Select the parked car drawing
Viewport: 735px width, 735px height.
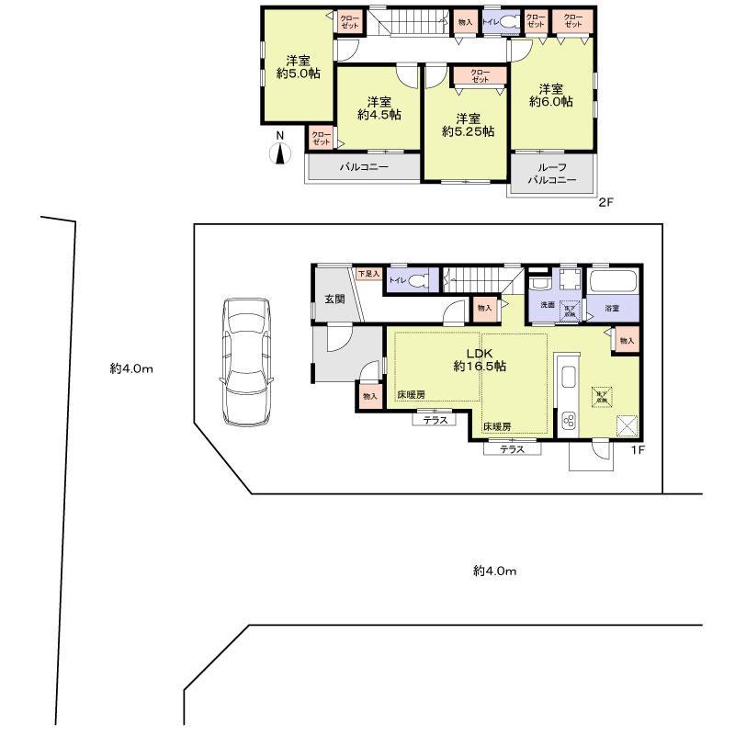tap(245, 359)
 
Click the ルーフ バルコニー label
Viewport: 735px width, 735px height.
tap(552, 175)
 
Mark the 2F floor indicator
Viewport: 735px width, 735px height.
tap(605, 202)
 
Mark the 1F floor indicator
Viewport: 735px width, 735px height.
tap(634, 449)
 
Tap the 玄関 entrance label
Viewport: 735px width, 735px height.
tap(334, 300)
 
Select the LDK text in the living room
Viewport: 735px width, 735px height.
tap(480, 353)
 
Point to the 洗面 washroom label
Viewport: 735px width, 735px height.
tap(547, 304)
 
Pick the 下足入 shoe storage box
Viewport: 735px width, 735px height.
tap(367, 273)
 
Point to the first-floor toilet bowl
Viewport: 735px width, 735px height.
tap(417, 280)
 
